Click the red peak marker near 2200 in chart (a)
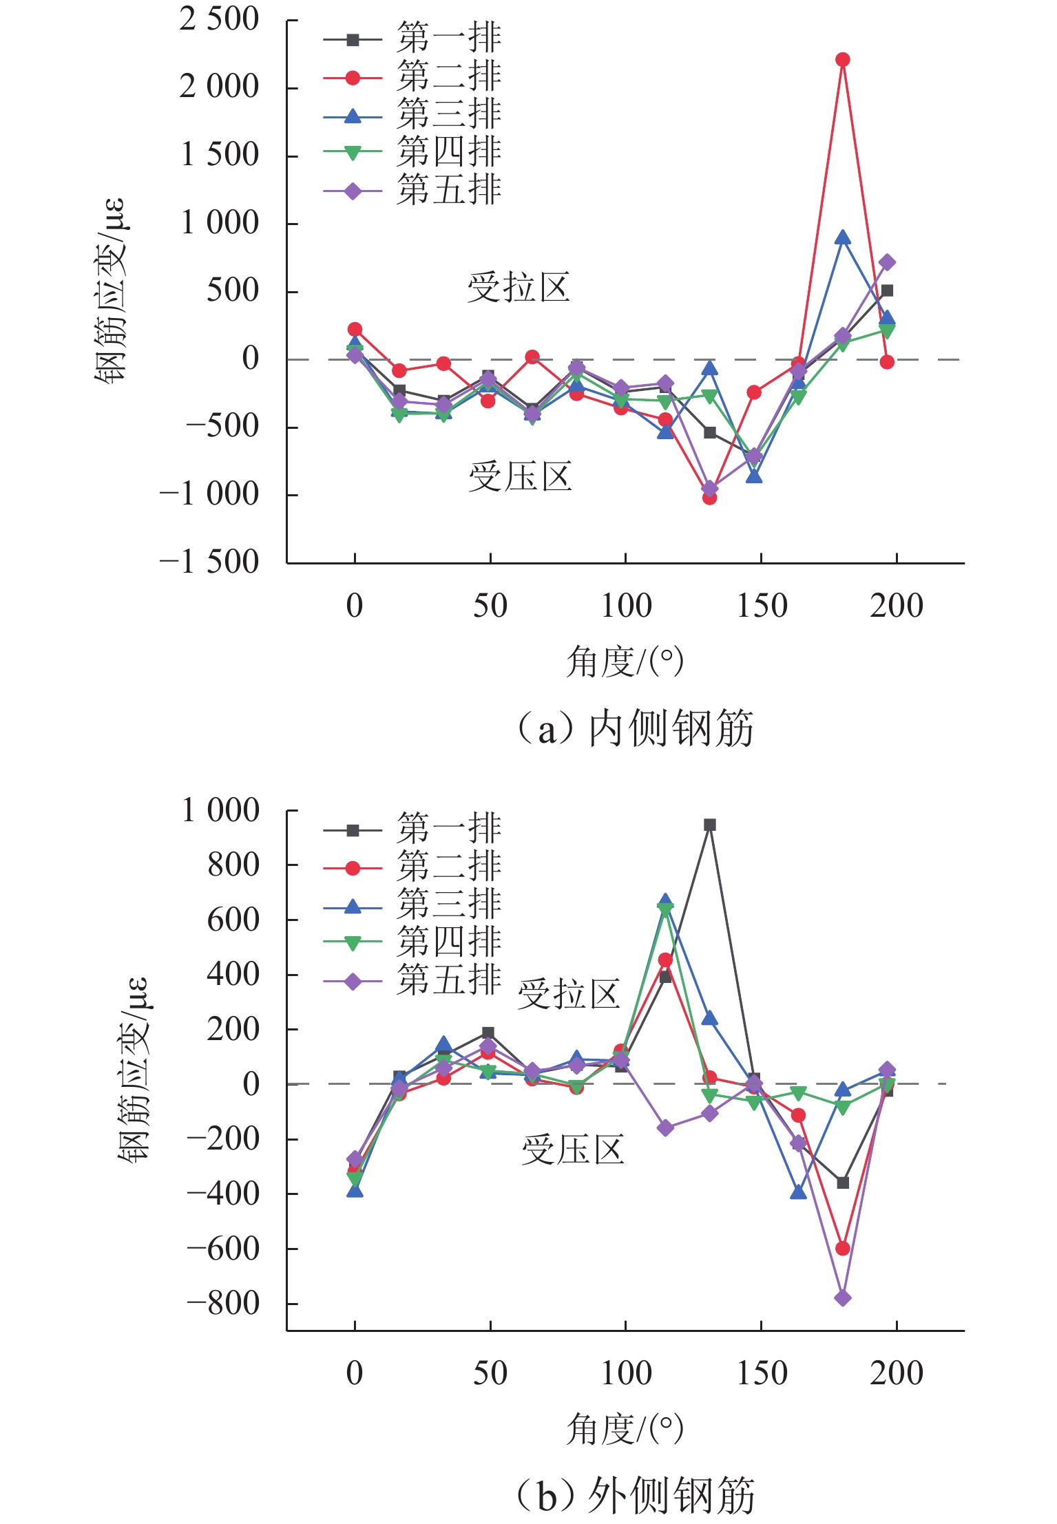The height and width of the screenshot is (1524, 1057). click(842, 60)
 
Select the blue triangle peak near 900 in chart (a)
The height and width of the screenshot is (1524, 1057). click(842, 238)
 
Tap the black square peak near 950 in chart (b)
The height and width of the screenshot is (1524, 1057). click(710, 825)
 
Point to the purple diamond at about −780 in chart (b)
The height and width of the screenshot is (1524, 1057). click(842, 1298)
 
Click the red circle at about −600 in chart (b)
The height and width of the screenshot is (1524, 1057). click(842, 1248)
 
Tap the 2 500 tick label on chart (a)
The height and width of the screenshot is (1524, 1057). click(219, 20)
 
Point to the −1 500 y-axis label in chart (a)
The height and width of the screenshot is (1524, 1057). click(209, 562)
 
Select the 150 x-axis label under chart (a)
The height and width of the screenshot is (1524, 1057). click(762, 606)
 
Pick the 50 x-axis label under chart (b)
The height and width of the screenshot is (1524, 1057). click(490, 1373)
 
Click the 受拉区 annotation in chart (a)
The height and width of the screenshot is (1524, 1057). click(519, 288)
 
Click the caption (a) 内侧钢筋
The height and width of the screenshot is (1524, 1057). click(635, 728)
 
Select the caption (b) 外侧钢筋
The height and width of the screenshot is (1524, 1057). click(635, 1495)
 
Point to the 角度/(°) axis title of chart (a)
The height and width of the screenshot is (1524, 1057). click(625, 662)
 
